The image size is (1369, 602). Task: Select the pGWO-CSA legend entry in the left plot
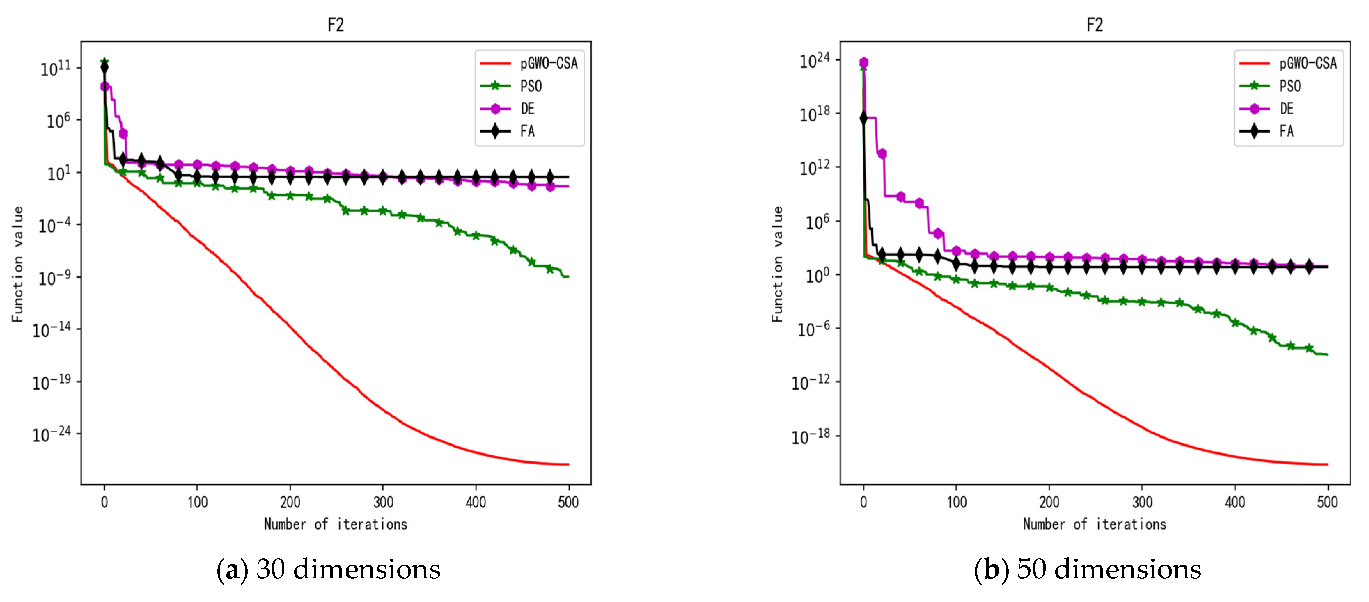(548, 63)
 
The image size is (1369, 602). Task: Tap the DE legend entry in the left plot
(527, 109)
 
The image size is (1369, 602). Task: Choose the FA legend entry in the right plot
(1286, 131)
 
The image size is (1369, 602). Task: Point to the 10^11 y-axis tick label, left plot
(55, 69)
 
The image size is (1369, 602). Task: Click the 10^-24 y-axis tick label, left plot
(52, 435)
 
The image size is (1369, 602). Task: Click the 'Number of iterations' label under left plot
(335, 524)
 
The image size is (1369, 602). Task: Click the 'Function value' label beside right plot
(777, 264)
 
